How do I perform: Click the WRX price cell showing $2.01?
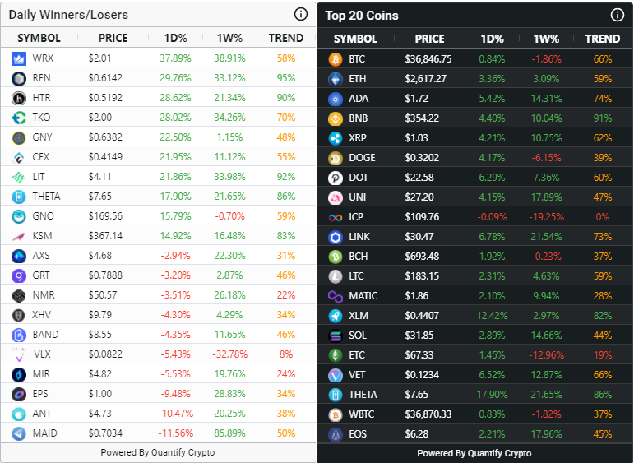[x=99, y=58]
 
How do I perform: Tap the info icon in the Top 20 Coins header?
[x=618, y=15]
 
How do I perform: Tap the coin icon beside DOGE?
[x=336, y=158]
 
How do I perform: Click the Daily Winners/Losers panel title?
[x=68, y=15]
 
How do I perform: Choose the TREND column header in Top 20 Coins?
[x=603, y=39]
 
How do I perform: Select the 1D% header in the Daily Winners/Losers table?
[x=175, y=38]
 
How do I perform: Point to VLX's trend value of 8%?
[x=286, y=354]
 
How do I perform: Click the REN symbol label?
[x=42, y=78]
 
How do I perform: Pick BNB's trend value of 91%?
[x=603, y=118]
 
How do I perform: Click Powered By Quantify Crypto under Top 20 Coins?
[x=474, y=453]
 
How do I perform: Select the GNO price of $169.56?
[x=105, y=216]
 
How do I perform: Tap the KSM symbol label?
[x=42, y=236]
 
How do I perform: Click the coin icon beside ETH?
[x=336, y=79]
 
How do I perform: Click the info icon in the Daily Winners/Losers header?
[x=301, y=14]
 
